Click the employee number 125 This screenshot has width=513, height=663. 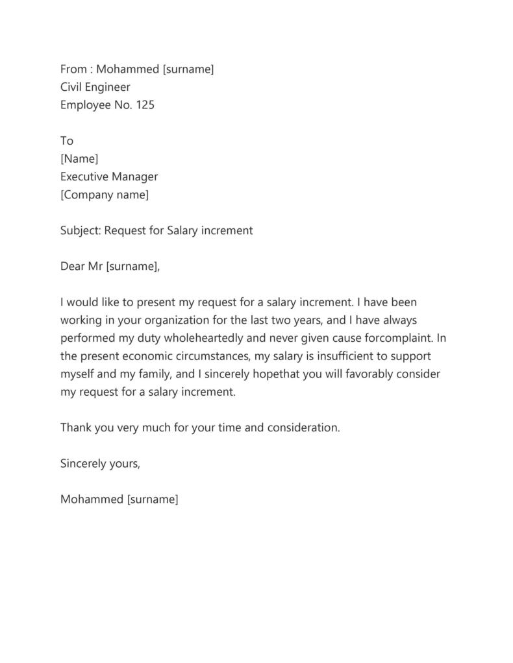tap(145, 105)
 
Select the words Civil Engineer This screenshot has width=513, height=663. tap(95, 87)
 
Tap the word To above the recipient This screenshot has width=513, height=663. tap(67, 141)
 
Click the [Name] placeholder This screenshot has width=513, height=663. tap(79, 158)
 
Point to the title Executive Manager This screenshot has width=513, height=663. tap(109, 176)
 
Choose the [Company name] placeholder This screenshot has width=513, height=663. tap(105, 195)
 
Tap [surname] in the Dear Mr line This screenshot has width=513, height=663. tap(132, 266)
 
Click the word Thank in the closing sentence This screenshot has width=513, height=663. tap(76, 428)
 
